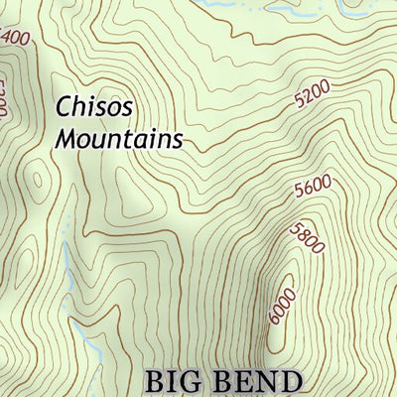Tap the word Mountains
[x=118, y=139]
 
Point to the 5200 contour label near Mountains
[x=314, y=95]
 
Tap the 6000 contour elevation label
[x=283, y=306]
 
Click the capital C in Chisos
[x=65, y=107]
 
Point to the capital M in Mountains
[x=66, y=139]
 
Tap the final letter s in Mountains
[x=178, y=140]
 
